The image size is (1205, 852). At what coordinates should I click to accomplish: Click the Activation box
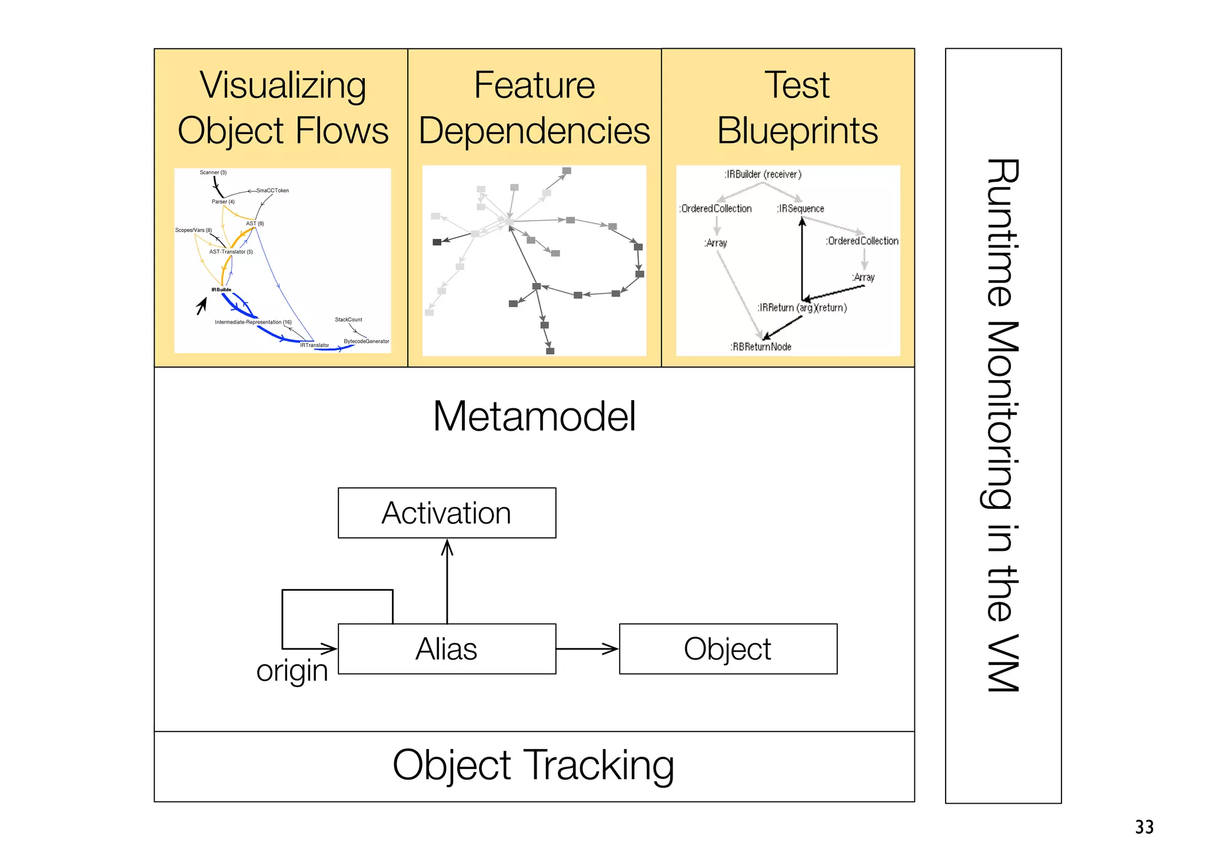pos(447,512)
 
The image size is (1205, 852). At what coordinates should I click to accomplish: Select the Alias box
pos(447,649)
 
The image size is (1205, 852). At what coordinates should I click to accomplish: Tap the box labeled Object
pos(728,649)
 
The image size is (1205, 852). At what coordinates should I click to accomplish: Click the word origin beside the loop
pos(292,670)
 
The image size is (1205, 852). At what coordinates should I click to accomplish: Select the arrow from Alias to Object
pos(587,649)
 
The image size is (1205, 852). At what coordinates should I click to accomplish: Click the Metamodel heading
pos(534,416)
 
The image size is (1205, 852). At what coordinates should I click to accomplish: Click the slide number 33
pos(1144,827)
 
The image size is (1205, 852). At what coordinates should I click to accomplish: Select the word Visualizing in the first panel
pos(283,85)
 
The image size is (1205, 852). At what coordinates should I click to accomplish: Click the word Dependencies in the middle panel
pos(534,131)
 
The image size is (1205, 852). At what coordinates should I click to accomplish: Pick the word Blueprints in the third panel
pos(797,131)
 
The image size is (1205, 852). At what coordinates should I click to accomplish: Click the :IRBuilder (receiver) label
pos(763,174)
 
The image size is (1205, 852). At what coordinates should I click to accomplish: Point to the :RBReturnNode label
pos(761,347)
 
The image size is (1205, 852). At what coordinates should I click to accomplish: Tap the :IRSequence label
pos(800,208)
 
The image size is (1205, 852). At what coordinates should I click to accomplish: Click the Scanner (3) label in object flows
pos(213,172)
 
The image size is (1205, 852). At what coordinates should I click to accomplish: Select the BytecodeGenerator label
pos(366,341)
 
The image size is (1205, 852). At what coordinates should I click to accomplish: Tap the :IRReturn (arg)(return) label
pos(802,308)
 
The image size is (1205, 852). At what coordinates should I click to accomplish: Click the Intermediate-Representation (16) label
pos(253,322)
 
